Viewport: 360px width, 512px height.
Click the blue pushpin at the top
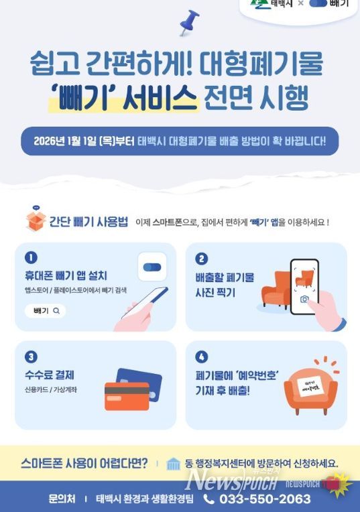(189, 21)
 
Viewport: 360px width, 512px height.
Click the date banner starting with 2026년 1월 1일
(180, 141)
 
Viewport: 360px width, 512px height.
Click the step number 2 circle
(202, 259)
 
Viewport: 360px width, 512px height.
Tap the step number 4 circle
(202, 357)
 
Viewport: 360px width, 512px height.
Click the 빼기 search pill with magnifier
(46, 310)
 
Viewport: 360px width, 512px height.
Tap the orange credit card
(126, 396)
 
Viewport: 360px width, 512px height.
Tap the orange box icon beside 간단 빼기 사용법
(35, 221)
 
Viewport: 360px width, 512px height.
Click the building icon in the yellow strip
(174, 464)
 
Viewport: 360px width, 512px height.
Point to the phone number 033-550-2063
(266, 499)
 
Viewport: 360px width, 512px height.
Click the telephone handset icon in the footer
(209, 499)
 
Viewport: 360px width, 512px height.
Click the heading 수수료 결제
(49, 374)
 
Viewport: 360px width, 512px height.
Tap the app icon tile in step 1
(152, 267)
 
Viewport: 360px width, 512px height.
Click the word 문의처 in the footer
(62, 499)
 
